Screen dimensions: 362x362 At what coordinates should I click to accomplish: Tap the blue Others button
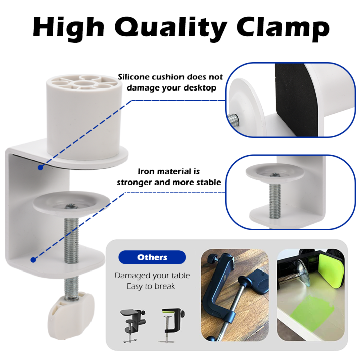pyautogui.click(x=152, y=257)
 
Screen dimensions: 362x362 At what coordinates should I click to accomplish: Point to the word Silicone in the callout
pyautogui.click(x=134, y=77)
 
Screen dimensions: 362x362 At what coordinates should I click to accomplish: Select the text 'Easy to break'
pyautogui.click(x=152, y=287)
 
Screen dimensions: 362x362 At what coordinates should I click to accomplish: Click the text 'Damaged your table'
pyautogui.click(x=152, y=276)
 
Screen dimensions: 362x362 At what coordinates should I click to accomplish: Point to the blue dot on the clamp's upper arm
pyautogui.click(x=40, y=168)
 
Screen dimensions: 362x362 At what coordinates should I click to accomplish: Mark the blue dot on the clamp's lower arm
pyautogui.click(x=33, y=260)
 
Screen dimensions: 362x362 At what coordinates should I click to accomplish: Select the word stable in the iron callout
pyautogui.click(x=207, y=182)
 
